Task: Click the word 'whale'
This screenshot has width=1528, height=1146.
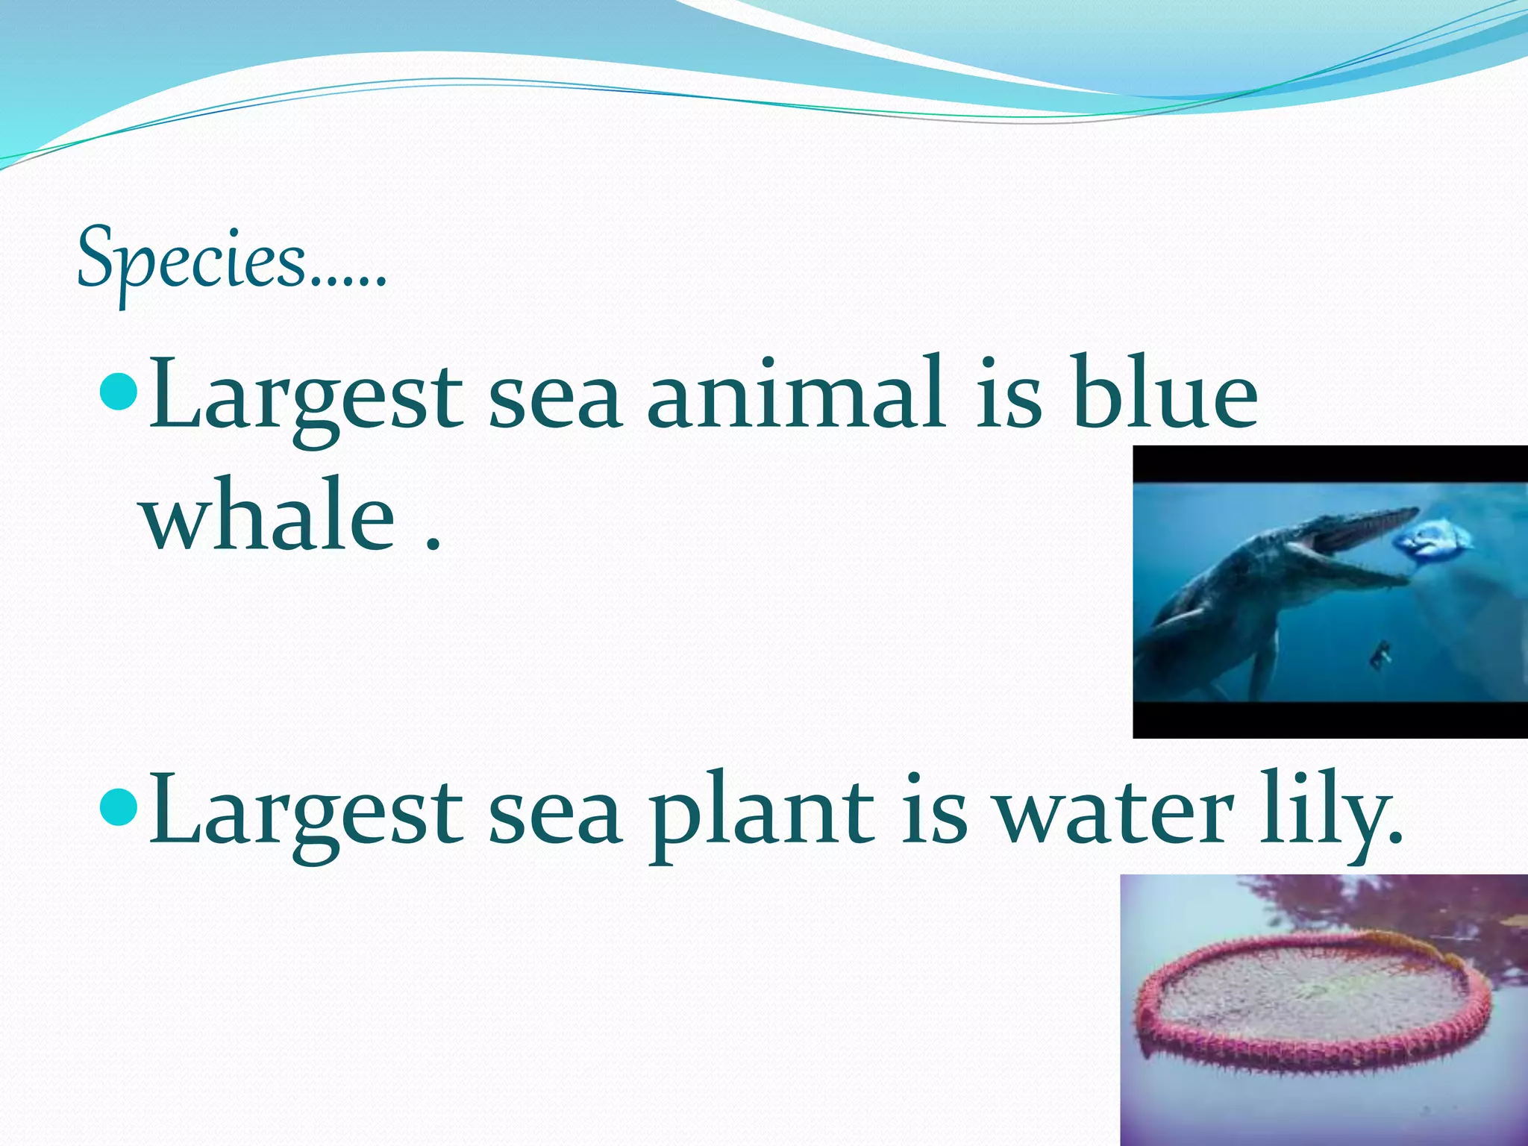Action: (x=269, y=515)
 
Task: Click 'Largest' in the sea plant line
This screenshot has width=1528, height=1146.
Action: (x=306, y=815)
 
